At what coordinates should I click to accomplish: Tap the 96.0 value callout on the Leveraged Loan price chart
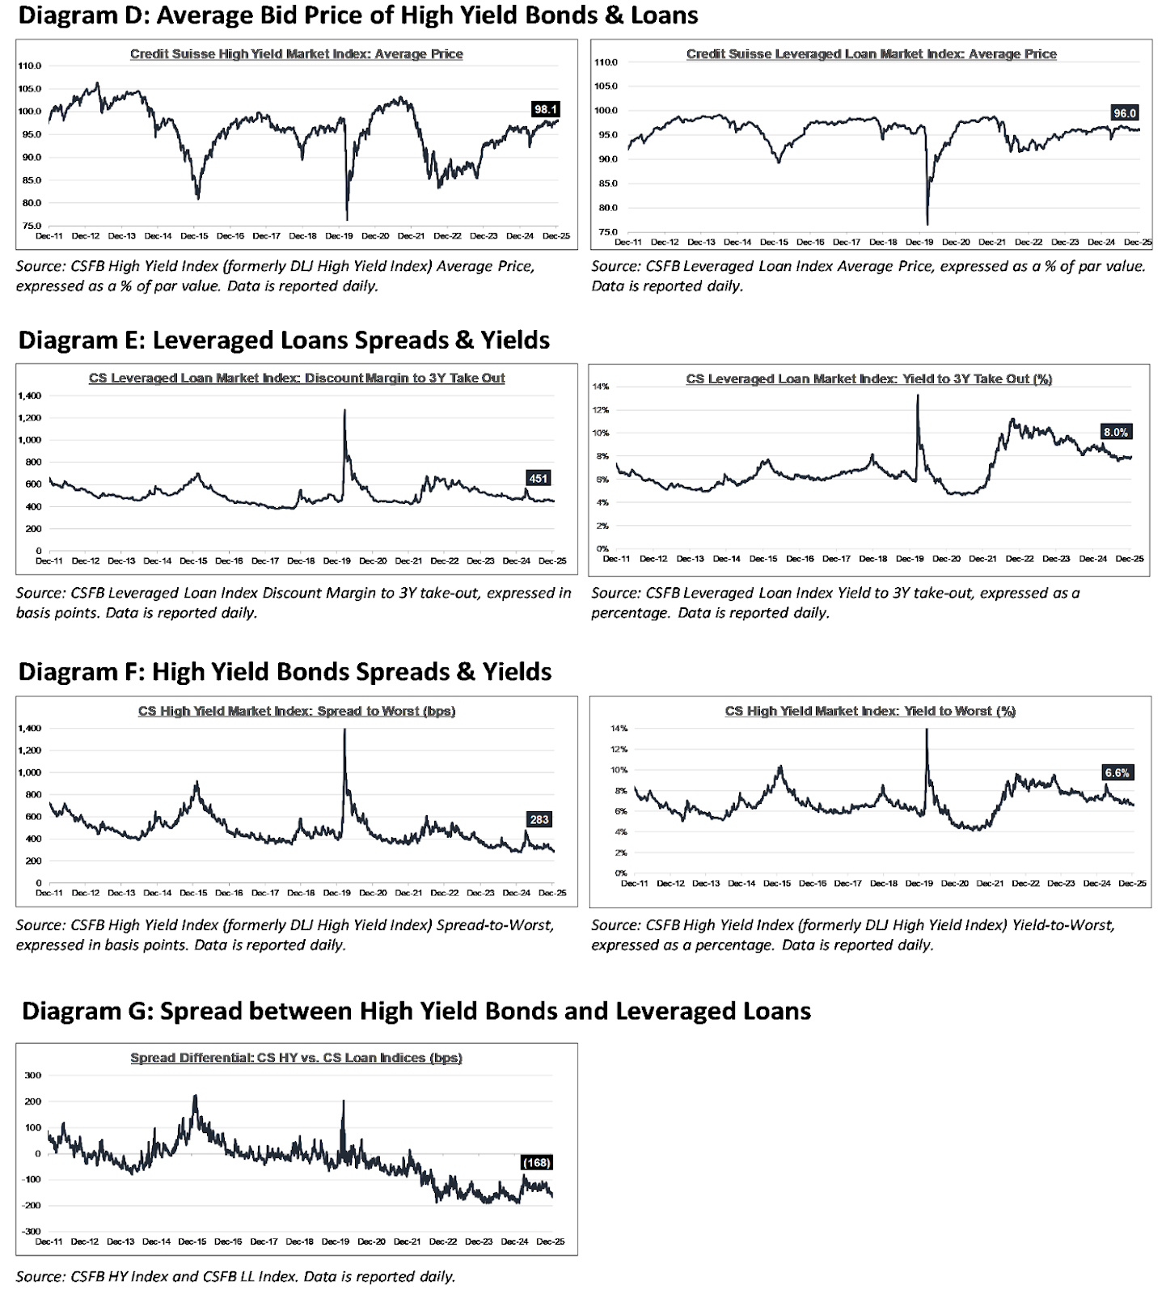(x=1125, y=113)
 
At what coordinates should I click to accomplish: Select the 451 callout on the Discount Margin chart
(x=538, y=479)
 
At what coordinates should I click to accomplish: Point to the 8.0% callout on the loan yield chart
(x=1116, y=433)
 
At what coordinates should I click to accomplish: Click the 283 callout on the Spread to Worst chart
(x=539, y=820)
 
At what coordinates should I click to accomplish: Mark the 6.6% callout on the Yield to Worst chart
(x=1117, y=773)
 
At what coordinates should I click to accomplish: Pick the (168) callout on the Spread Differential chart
(x=537, y=1162)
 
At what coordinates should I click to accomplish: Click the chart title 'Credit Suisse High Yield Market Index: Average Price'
(x=297, y=54)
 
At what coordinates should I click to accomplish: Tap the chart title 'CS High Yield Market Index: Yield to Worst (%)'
(x=870, y=711)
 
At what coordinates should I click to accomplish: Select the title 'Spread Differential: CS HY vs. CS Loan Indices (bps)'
(x=296, y=1058)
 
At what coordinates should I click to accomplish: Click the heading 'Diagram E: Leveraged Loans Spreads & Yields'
(x=284, y=340)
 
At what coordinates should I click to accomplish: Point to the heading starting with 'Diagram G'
(x=416, y=1012)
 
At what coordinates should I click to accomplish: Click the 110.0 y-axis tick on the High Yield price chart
(x=32, y=66)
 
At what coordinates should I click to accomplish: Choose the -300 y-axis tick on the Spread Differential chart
(x=31, y=1231)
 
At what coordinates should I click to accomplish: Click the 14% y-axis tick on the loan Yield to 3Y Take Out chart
(x=600, y=387)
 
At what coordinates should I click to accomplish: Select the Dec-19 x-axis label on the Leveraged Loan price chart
(x=919, y=242)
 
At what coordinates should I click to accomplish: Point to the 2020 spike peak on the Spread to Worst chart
(x=345, y=729)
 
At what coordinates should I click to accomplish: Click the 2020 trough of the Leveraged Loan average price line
(x=927, y=224)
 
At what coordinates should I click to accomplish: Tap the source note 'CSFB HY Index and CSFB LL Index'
(x=234, y=1277)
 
